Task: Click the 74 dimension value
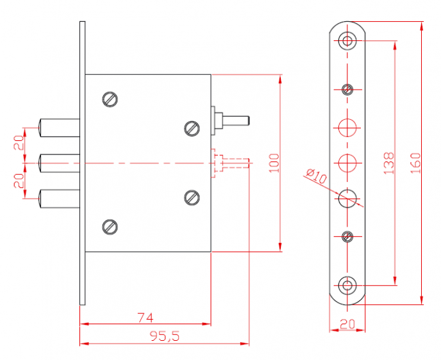tap(146, 318)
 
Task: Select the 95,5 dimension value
tap(165, 336)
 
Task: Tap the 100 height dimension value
tap(274, 163)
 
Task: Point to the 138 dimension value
tap(389, 163)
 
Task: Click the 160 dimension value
tap(415, 163)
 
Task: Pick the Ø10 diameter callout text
tap(317, 176)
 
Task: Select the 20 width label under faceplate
tap(347, 324)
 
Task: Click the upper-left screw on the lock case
tap(110, 99)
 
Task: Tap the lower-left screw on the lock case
tap(110, 227)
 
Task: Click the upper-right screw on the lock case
tap(192, 128)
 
